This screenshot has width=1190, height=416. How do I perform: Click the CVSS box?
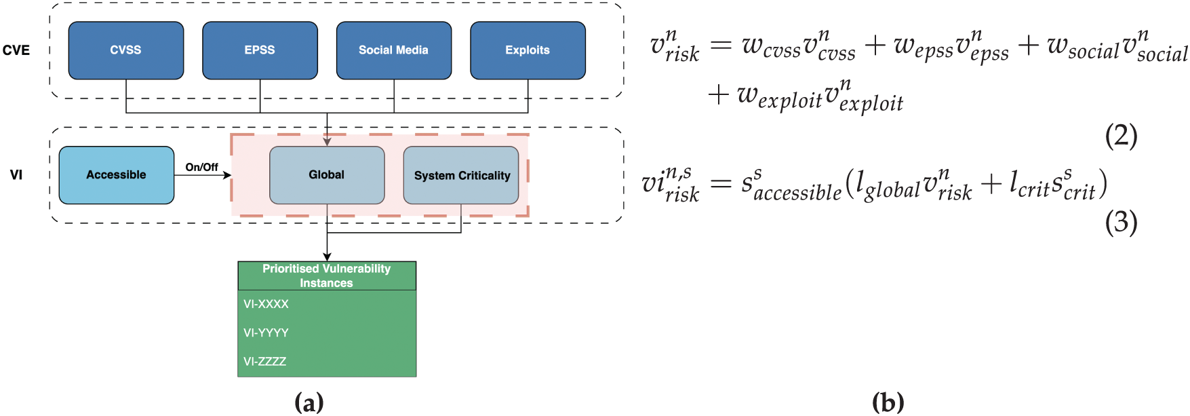coord(126,50)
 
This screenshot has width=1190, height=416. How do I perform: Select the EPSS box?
coord(260,50)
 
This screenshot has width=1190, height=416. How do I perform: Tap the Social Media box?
coord(394,50)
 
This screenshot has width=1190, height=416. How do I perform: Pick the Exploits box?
coord(528,50)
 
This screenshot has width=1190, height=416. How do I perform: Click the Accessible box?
coord(117,175)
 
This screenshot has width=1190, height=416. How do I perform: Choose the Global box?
coord(327,175)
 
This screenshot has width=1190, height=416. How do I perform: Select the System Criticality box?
coord(461,175)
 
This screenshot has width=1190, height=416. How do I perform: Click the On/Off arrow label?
coord(202,167)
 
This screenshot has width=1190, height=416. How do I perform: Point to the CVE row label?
coord(16,50)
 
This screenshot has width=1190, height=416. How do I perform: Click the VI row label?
coord(16,175)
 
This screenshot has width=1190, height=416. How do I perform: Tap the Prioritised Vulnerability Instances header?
coord(327,276)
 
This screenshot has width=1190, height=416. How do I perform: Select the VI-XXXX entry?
coord(266,304)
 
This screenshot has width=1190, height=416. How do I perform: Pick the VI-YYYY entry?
coord(266,333)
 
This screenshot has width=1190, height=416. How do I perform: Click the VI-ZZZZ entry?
coord(265,361)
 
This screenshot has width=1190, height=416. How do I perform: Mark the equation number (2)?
coord(1122,136)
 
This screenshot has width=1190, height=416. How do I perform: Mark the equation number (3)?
coord(1122,223)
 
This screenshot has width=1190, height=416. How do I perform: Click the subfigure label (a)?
coord(309,402)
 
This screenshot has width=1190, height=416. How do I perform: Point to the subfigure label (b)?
coord(888,402)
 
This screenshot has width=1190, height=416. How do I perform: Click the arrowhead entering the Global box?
coord(327,143)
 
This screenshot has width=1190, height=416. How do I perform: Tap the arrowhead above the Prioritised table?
coord(327,257)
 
